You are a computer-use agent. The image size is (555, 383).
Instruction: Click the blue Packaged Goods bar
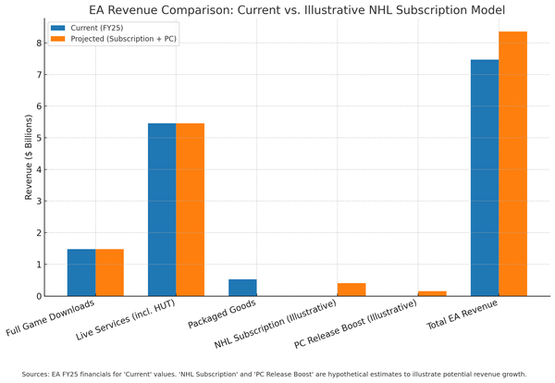tap(242, 288)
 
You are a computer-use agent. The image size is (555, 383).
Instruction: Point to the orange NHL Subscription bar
tap(351, 290)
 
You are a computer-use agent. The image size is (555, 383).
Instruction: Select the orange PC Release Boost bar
tap(432, 293)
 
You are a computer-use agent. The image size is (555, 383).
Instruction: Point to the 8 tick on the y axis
tap(39, 43)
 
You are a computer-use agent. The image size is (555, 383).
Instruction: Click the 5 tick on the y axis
tap(39, 138)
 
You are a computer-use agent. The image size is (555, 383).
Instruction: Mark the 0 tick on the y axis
tap(39, 296)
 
